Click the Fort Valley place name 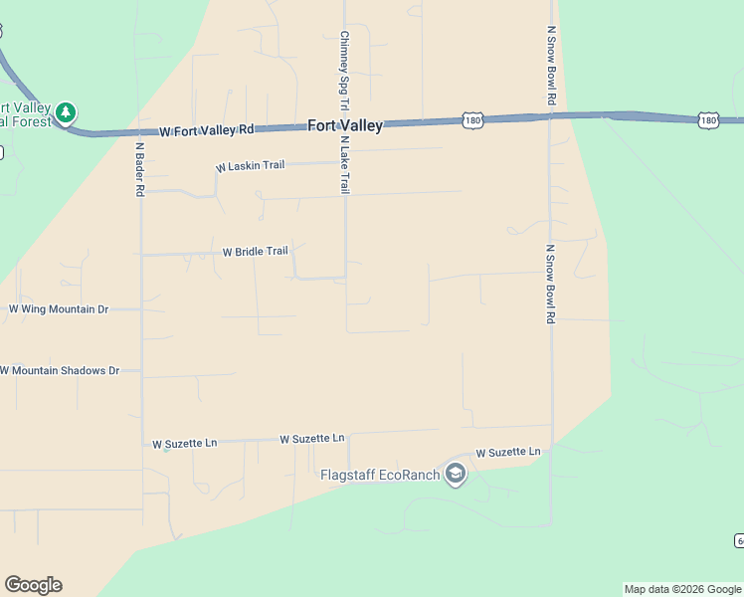tap(345, 125)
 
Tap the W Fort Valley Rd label tap(207, 130)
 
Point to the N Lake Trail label tap(344, 164)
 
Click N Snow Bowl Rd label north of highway tap(550, 66)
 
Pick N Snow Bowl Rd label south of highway tap(550, 285)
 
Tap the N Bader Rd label tap(140, 168)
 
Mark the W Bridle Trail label tap(255, 252)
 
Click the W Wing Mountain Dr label tap(58, 309)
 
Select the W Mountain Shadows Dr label tap(60, 370)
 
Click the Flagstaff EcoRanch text tap(380, 475)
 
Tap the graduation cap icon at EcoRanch tap(456, 474)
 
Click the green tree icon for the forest tap(66, 113)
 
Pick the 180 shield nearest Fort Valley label tap(472, 120)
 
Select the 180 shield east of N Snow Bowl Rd tap(707, 119)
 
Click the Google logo tap(33, 585)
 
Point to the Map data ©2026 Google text tap(683, 589)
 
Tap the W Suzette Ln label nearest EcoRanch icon tap(507, 452)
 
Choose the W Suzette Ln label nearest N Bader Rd tap(184, 444)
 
